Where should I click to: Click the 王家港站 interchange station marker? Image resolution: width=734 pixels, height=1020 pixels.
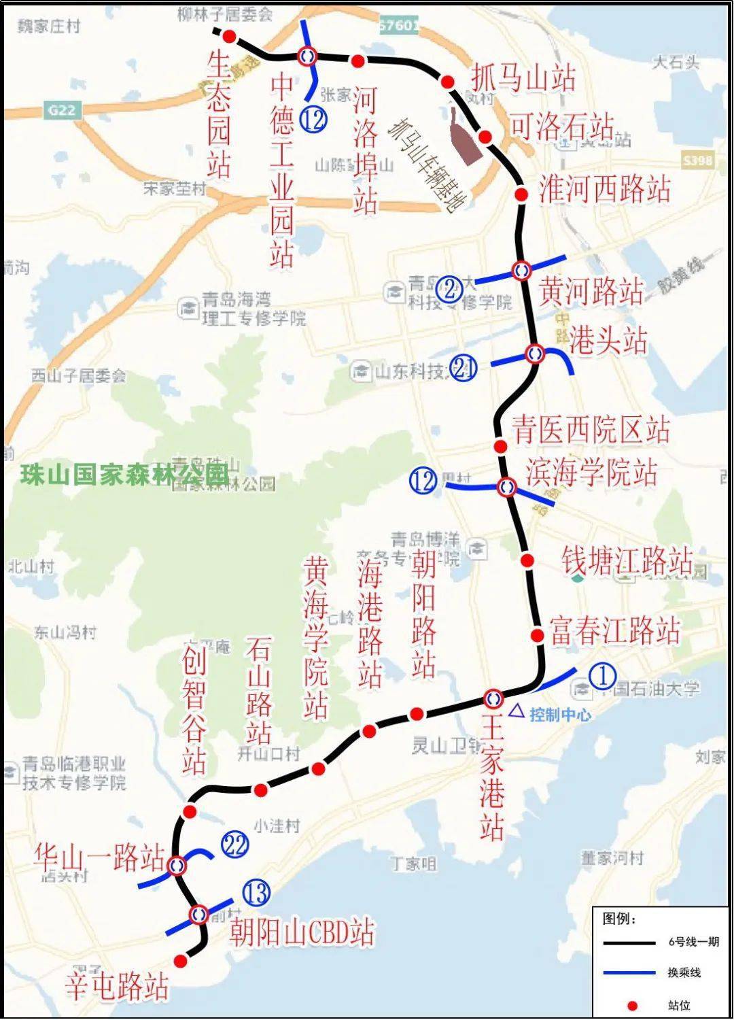(493, 698)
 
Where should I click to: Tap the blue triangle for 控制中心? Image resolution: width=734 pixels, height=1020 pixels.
(518, 712)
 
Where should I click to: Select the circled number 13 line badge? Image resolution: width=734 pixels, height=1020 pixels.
(256, 894)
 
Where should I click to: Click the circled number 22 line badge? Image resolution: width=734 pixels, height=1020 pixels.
(234, 845)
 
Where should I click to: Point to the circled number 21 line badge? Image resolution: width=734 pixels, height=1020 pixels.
(464, 368)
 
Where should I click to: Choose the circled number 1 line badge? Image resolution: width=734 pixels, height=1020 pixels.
(602, 677)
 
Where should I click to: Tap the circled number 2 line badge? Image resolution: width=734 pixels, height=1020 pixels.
(450, 289)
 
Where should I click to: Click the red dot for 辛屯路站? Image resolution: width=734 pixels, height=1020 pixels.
(180, 961)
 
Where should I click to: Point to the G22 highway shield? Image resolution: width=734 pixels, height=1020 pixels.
(61, 109)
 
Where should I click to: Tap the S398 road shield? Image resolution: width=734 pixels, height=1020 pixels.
(697, 160)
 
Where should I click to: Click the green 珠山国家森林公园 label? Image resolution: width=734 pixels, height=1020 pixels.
(124, 474)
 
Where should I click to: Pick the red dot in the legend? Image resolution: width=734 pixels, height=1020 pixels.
(633, 1005)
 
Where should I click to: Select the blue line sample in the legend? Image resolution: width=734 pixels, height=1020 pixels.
(629, 973)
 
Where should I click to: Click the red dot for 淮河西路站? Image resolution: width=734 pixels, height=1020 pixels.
(521, 195)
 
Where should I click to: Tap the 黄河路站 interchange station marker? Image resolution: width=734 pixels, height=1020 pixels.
(522, 270)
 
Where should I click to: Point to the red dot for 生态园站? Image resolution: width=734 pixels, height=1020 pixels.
(230, 36)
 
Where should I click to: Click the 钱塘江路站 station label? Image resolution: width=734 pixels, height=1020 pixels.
(627, 562)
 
